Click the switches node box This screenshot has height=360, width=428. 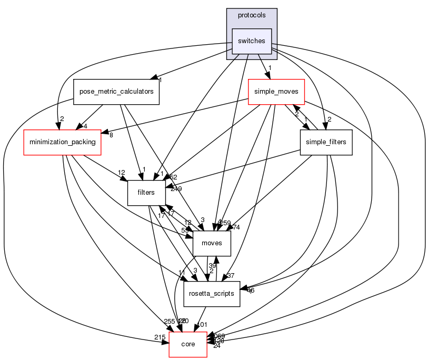[x=252, y=41]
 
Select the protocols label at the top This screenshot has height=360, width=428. [x=252, y=15]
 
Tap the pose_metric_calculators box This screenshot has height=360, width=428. [x=116, y=92]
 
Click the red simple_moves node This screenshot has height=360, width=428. [x=276, y=92]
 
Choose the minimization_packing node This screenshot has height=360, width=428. [x=62, y=142]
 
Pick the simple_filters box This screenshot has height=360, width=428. [x=325, y=142]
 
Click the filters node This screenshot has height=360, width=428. [x=146, y=193]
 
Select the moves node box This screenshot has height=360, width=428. [x=212, y=243]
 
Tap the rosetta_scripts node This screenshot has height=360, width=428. [x=212, y=294]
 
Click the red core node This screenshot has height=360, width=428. [x=187, y=344]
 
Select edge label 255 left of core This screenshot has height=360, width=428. [x=170, y=322]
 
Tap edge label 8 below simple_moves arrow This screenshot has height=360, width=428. [x=111, y=136]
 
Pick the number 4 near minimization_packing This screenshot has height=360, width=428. [x=84, y=126]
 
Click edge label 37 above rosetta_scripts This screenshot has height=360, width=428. [x=230, y=276]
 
